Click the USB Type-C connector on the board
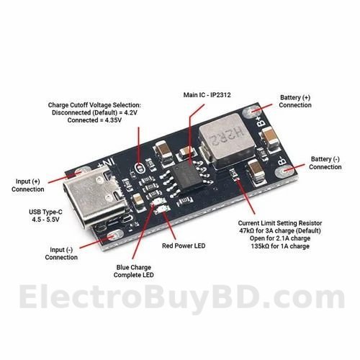[96, 197]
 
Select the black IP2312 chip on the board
[188, 176]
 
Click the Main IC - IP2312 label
[207, 95]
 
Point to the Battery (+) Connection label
[295, 102]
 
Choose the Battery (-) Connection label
[325, 163]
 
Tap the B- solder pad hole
[284, 171]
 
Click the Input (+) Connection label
[28, 185]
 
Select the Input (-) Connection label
[61, 253]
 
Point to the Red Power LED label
[184, 246]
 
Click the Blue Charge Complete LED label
[134, 271]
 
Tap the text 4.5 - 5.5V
[45, 220]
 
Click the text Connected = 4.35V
[94, 120]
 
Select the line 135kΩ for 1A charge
[280, 246]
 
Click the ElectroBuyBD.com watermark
[181, 297]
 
